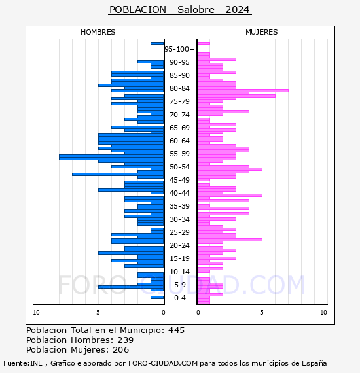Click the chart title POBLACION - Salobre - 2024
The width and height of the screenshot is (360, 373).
tap(179, 10)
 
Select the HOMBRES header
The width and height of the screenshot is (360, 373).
tap(98, 32)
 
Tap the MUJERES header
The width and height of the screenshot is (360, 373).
tap(262, 32)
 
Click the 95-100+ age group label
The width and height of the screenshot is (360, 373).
tap(179, 49)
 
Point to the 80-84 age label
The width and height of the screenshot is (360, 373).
tap(179, 88)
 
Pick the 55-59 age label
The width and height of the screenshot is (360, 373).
tap(179, 154)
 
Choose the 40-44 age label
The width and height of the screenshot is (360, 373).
tap(179, 193)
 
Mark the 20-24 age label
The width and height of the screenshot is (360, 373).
tap(179, 245)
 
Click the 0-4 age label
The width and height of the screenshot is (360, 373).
tap(180, 298)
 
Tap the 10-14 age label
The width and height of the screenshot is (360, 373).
tap(179, 272)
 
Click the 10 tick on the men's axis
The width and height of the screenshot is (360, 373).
tap(36, 313)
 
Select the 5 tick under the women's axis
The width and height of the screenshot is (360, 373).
tap(262, 313)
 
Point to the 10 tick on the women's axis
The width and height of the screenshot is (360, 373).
tap(323, 313)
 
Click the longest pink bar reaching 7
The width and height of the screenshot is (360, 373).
tap(243, 91)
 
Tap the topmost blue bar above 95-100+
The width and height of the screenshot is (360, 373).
tap(157, 44)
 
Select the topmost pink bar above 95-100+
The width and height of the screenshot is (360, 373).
tap(204, 44)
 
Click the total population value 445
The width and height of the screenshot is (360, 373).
tap(176, 330)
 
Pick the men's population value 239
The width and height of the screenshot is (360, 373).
tap(126, 340)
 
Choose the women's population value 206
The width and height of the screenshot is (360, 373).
tap(121, 349)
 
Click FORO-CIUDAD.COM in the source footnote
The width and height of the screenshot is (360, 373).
tap(163, 363)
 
